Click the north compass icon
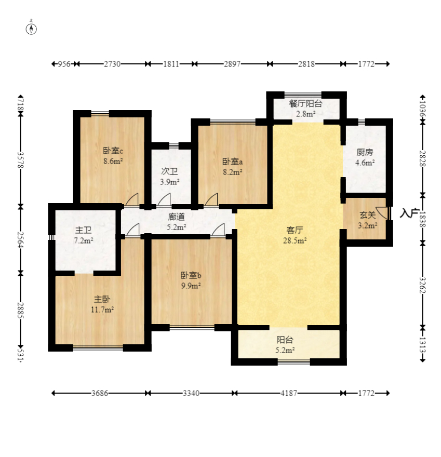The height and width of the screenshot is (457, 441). pos(31,29)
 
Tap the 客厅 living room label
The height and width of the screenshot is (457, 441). pos(295,230)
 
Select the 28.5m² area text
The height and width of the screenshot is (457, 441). pos(295,241)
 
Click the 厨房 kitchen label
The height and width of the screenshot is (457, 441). pos(365,152)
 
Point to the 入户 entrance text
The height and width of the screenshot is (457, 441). pos(409,213)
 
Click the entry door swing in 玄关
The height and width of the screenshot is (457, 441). pos(382,213)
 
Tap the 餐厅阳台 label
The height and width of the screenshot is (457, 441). pos(305,103)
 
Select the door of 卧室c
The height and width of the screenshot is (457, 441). pos(132,199)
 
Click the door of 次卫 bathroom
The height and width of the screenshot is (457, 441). pos(164,199)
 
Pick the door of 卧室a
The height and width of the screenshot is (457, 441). pos(211,199)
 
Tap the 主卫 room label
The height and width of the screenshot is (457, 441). pos(83,230)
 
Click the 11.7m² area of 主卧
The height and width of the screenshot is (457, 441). pos(102,310)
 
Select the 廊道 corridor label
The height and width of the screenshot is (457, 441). pos(176,217)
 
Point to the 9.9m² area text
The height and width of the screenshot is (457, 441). pos(191,286)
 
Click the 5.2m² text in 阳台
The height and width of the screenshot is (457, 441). pos(285,350)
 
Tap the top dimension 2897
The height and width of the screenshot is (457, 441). pos(232,64)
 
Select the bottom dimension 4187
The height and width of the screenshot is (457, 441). pos(289,393)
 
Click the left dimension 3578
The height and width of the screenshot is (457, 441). pos(20,160)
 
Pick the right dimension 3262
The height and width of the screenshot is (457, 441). pos(423,285)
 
